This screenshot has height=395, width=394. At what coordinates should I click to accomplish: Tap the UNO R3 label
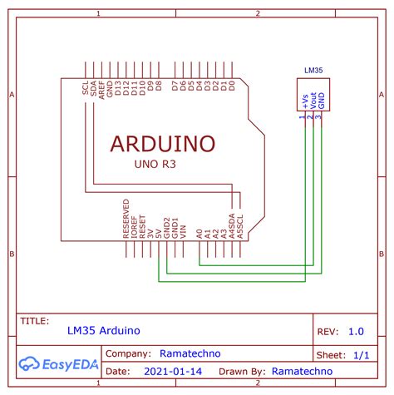click(155, 165)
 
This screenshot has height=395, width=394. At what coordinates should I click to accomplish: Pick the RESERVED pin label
click(126, 219)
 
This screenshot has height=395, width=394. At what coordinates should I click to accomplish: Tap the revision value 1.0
click(356, 331)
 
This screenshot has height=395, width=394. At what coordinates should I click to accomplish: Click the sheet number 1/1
click(362, 354)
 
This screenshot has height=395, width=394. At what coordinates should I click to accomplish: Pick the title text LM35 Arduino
click(104, 330)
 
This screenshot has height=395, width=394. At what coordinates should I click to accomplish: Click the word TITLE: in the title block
click(34, 319)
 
